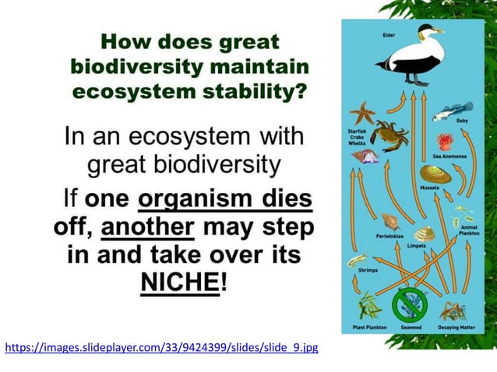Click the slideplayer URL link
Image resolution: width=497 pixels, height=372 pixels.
pyautogui.click(x=161, y=346)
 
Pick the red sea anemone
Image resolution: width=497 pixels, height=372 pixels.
pyautogui.click(x=445, y=142)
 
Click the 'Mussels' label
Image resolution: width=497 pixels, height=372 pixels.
pyautogui.click(x=429, y=188)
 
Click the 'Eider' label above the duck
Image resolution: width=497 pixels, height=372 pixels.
pyautogui.click(x=389, y=35)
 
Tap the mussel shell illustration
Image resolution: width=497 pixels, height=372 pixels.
pyautogui.click(x=433, y=173)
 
